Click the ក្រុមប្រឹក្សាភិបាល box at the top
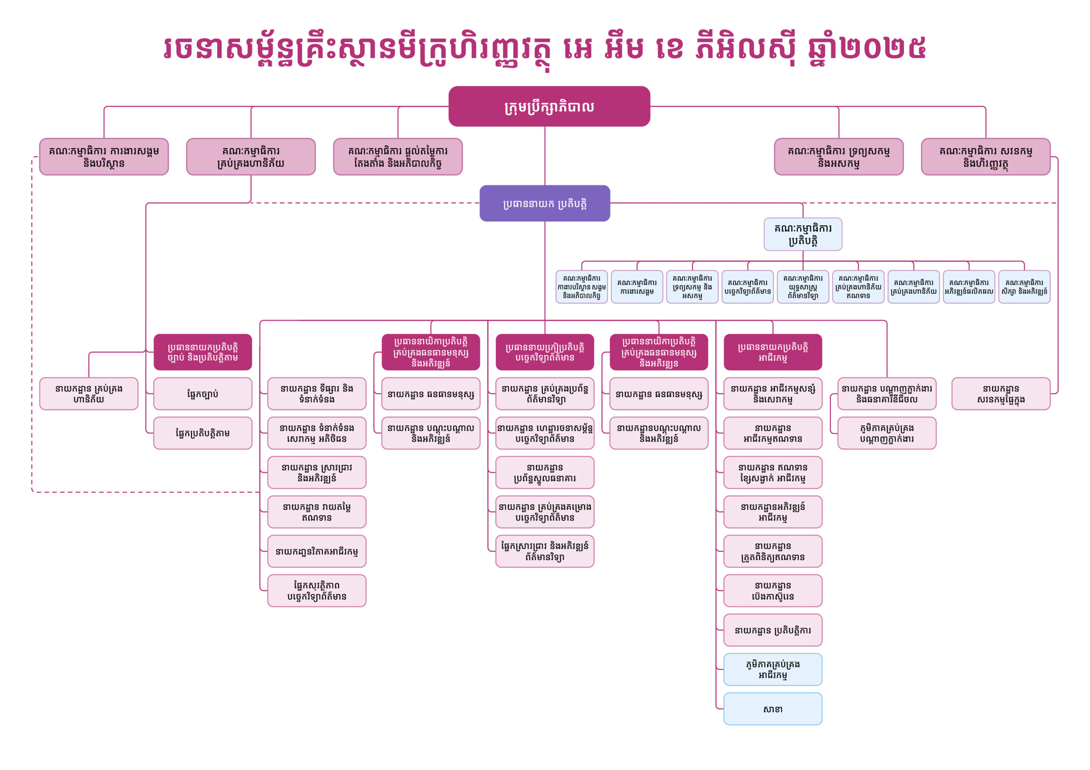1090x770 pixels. [549, 106]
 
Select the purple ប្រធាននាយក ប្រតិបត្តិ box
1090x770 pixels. [545, 203]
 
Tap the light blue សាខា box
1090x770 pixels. [772, 709]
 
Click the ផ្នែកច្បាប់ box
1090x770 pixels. [203, 394]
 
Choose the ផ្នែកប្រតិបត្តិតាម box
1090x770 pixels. [203, 433]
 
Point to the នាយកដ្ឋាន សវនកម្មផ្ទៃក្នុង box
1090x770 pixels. [1001, 394]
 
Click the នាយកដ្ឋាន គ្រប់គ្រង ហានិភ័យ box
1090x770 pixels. [89, 394]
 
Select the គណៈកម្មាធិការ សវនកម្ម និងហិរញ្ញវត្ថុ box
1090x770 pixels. [986, 157]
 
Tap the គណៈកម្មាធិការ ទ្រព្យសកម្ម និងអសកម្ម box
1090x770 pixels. [838, 157]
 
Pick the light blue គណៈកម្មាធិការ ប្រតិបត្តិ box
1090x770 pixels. [803, 234]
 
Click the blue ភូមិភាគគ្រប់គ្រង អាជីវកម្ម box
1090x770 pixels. [772, 670]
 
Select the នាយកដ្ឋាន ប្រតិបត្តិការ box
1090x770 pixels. [772, 630]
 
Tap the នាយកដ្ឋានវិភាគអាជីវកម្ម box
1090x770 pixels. [317, 551]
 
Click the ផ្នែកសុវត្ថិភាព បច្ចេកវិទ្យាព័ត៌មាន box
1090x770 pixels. [317, 590]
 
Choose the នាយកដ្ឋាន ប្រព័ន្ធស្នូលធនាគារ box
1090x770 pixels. [545, 473]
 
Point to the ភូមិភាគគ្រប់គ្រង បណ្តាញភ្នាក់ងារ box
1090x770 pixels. [887, 433]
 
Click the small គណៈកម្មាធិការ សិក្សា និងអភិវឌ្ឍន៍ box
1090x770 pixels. [1024, 287]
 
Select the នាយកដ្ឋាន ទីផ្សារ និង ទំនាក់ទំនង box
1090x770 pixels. [317, 394]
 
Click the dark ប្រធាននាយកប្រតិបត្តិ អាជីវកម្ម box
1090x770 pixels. [772, 352]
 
